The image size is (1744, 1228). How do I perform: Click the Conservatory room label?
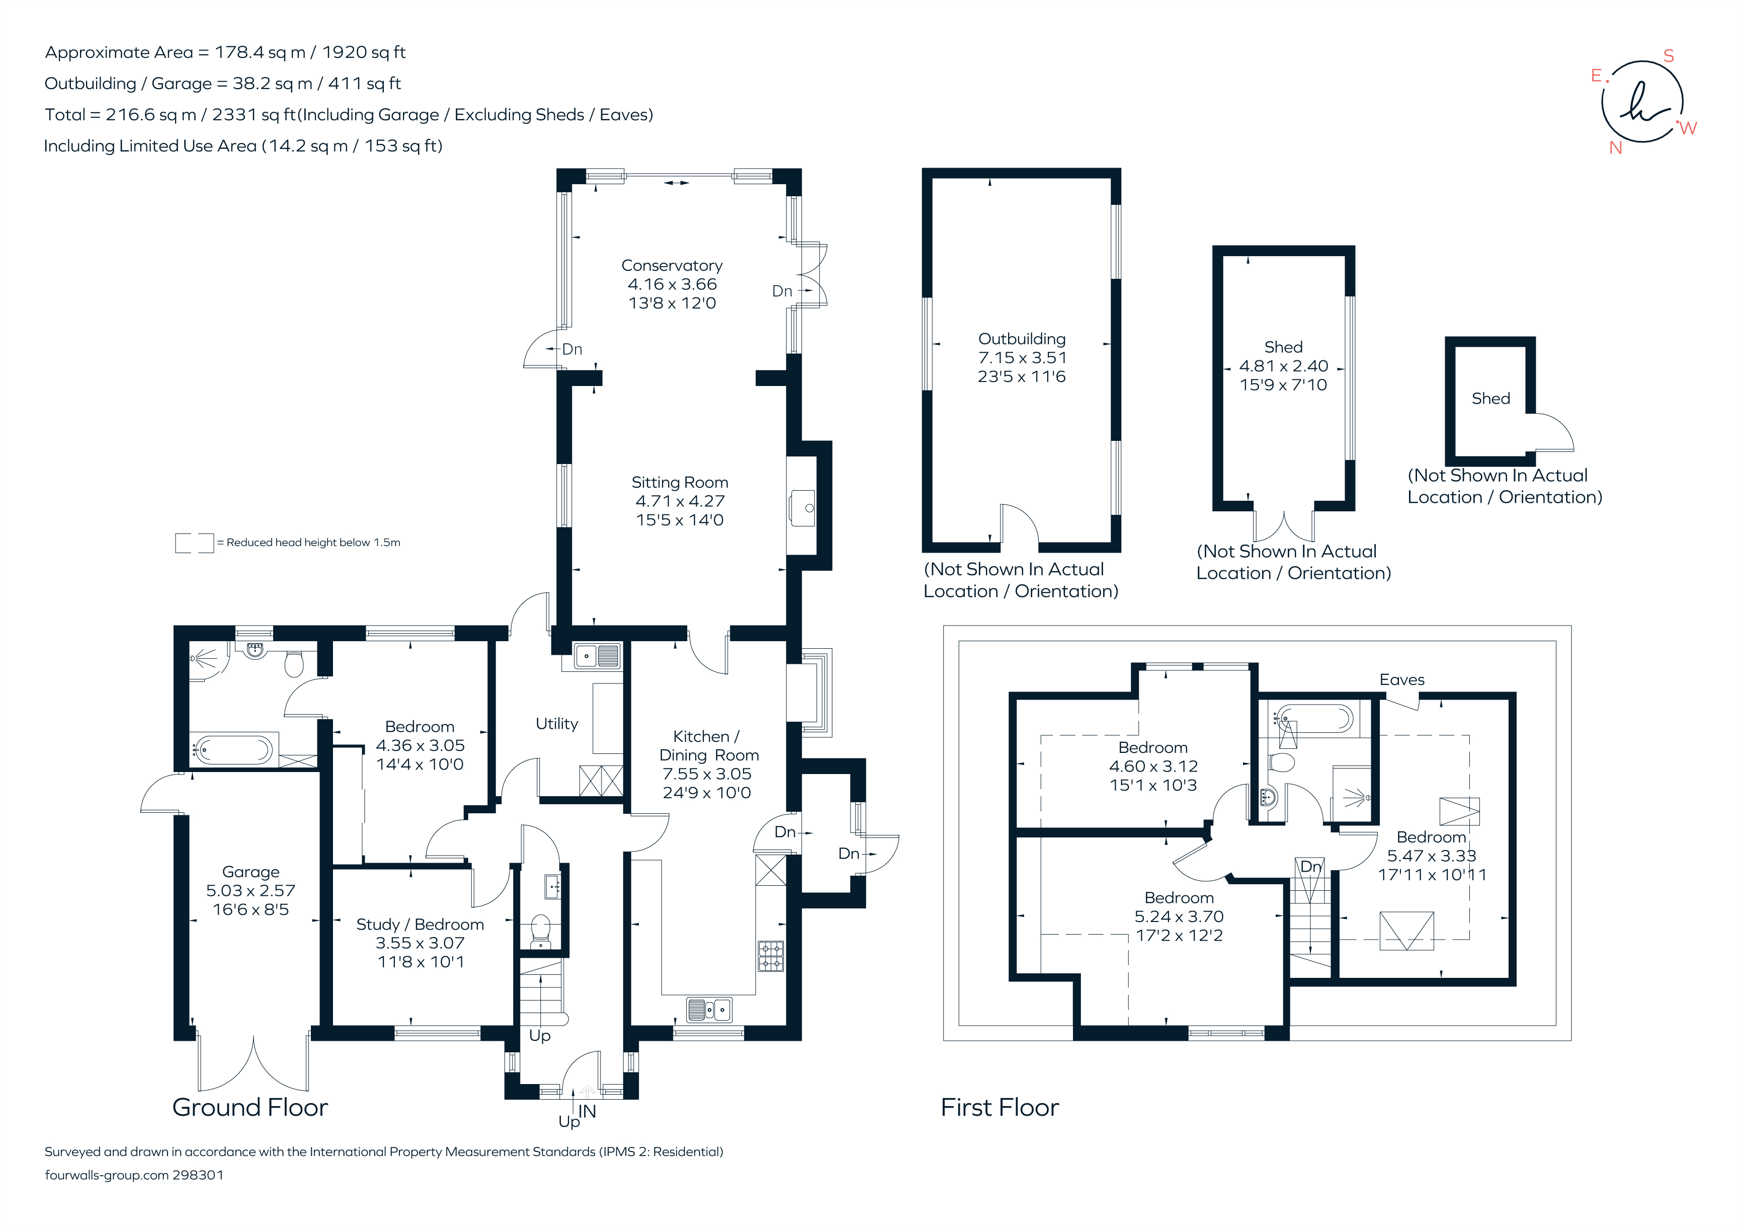[x=672, y=266]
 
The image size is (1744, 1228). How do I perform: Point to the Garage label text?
[x=251, y=872]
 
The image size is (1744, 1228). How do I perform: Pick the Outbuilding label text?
[x=1022, y=339]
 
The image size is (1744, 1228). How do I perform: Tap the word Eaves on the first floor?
[x=1401, y=680]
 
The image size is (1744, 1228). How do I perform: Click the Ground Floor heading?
[x=250, y=1107]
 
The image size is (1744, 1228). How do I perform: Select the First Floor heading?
[x=1000, y=1107]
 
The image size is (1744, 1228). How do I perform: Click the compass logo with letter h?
[x=1642, y=103]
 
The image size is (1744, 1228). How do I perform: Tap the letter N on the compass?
[x=1616, y=148]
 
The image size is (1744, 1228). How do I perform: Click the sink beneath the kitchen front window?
[x=709, y=1009]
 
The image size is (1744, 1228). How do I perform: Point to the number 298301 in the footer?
[x=198, y=1175]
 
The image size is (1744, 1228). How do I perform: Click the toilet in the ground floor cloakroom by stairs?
[x=540, y=931]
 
